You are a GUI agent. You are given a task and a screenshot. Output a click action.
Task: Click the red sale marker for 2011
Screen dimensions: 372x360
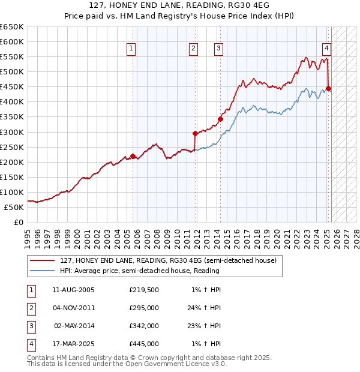click(x=195, y=133)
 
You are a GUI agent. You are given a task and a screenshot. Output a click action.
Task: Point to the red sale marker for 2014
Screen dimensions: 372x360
click(x=220, y=119)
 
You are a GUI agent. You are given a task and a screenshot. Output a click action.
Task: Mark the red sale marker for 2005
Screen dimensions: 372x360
click(x=133, y=156)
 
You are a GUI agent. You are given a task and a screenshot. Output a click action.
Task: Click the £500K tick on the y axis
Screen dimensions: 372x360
click(x=13, y=71)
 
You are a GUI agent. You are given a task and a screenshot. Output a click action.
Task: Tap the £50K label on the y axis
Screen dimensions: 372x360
click(x=15, y=207)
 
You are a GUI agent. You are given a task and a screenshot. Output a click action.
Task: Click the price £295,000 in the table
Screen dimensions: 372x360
click(x=144, y=308)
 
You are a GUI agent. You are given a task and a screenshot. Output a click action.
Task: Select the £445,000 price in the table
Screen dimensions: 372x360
click(x=144, y=344)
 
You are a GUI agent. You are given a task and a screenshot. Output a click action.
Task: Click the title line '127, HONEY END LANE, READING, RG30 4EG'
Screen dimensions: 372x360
click(x=180, y=6)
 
